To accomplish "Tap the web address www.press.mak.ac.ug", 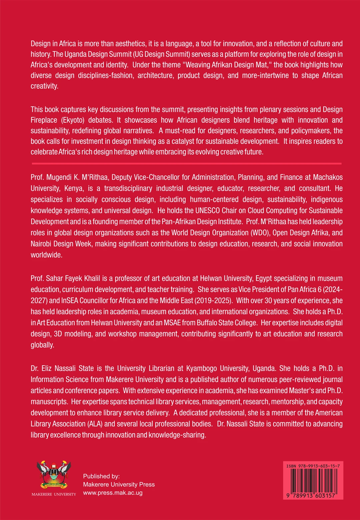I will click(x=113, y=493).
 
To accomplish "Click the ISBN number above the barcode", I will click(x=313, y=466).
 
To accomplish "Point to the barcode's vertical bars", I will click(x=313, y=480).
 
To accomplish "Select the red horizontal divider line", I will click(x=187, y=164).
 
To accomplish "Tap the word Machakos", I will click(x=328, y=177).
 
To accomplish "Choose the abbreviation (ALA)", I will click(x=95, y=424).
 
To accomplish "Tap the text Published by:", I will click(x=101, y=476).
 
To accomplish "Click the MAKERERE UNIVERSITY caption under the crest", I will click(x=54, y=494).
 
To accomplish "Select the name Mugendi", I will click(x=59, y=177).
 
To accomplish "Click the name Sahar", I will click(x=55, y=278).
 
